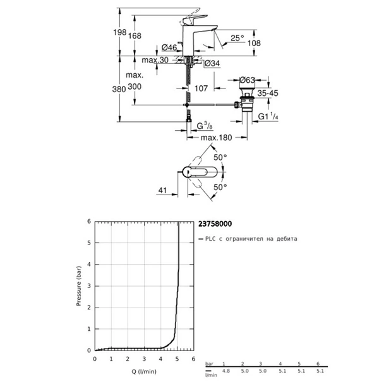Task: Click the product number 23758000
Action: point(214,223)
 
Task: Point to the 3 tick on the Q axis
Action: point(145,359)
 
